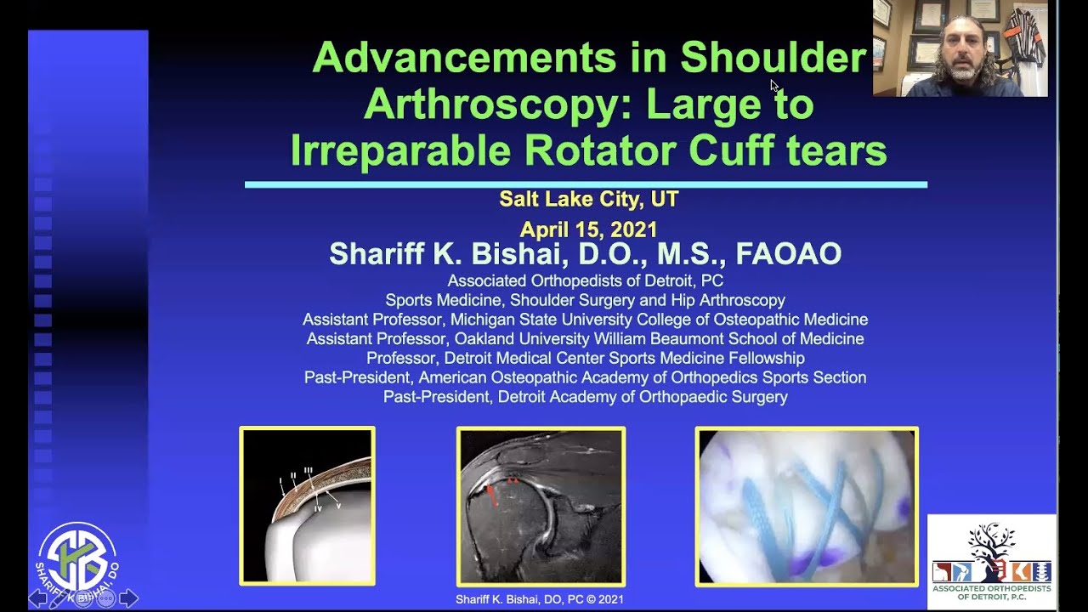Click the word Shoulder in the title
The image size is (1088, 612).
(773, 59)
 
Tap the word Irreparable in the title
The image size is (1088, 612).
(400, 150)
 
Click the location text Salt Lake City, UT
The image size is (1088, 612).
(588, 199)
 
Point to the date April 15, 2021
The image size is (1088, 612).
(588, 229)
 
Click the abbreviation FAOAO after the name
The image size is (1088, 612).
(788, 254)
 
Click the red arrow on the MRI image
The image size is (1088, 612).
(491, 494)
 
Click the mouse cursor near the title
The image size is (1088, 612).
(773, 85)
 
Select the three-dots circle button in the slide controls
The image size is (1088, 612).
(106, 598)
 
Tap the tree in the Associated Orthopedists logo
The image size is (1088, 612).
(991, 544)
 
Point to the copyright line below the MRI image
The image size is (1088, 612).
(540, 599)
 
